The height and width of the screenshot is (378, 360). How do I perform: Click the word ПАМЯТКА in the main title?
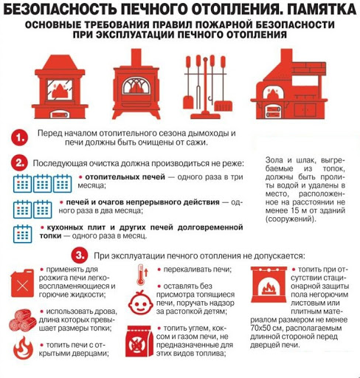[322, 9]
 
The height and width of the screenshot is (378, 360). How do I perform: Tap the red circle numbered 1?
[19, 137]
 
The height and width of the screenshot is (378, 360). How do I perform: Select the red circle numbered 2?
[18, 163]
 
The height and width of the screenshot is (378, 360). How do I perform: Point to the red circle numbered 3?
[80, 255]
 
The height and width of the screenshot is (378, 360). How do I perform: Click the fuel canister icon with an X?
[22, 283]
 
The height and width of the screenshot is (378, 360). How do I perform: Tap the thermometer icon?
[142, 275]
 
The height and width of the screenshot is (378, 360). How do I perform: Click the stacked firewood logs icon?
[23, 320]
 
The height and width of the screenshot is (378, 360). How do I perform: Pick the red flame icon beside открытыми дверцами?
[23, 348]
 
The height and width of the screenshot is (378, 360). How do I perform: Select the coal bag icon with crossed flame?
[138, 341]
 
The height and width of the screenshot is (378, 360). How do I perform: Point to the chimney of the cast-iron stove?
[136, 58]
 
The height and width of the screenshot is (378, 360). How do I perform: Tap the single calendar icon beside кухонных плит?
[22, 234]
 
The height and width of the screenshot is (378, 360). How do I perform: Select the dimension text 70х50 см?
[266, 329]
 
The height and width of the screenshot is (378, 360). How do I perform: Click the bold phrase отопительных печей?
[125, 177]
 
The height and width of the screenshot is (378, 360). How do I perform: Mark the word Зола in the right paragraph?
[274, 160]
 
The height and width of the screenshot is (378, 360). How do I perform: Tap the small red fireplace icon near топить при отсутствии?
[269, 285]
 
